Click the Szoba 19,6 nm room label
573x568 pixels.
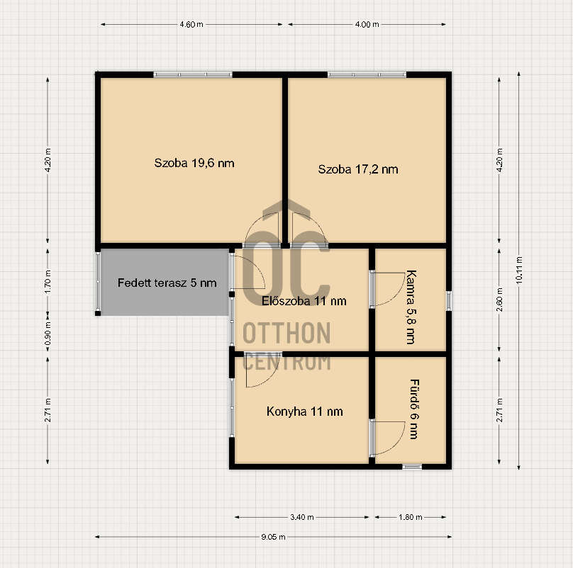(x=194, y=163)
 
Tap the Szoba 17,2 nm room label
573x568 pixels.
(x=357, y=169)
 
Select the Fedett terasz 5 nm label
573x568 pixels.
(x=167, y=283)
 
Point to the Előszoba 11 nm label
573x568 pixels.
(x=304, y=301)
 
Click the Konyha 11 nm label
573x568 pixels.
(x=304, y=411)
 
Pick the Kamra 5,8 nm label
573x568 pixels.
(x=411, y=307)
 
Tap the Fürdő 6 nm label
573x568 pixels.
(x=414, y=409)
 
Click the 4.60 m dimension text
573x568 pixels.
(x=191, y=25)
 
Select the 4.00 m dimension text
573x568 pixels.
(x=367, y=25)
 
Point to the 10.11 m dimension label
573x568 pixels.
(x=519, y=270)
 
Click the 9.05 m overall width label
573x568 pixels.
(x=273, y=537)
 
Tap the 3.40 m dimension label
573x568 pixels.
(x=302, y=517)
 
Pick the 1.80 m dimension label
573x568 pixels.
(x=411, y=517)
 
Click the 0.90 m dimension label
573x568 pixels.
(x=48, y=334)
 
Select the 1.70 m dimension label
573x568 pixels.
(x=48, y=282)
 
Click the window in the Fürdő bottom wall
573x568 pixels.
(x=412, y=467)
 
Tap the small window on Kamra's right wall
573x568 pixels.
(x=449, y=301)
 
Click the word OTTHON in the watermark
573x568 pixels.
(x=286, y=333)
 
